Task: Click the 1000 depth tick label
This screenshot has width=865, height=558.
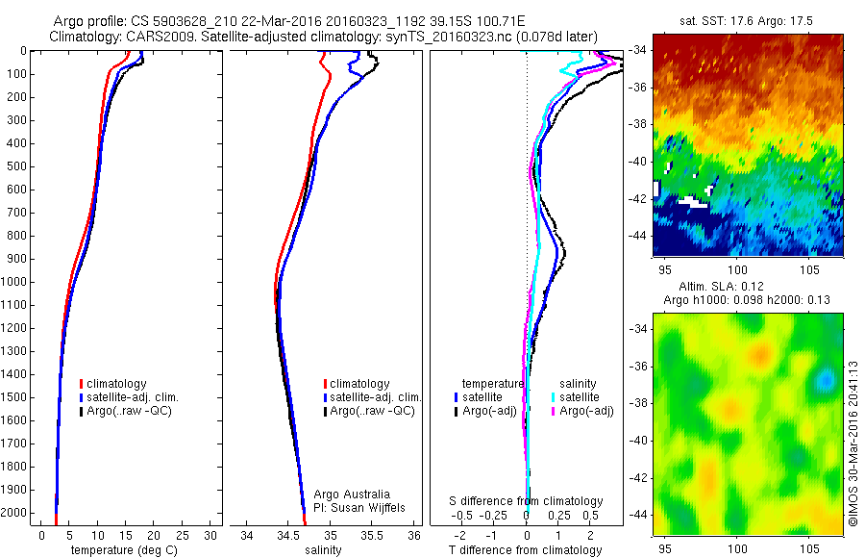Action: click(x=16, y=282)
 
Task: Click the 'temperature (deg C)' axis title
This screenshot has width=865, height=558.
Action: click(x=121, y=550)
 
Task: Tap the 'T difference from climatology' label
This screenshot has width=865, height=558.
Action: click(x=525, y=550)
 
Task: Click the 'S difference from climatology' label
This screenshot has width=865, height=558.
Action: click(x=527, y=501)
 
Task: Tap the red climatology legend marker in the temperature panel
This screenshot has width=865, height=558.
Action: click(x=82, y=384)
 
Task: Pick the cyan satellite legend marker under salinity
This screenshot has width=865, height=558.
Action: click(x=555, y=396)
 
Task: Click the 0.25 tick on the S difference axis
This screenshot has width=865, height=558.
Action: click(x=556, y=516)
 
